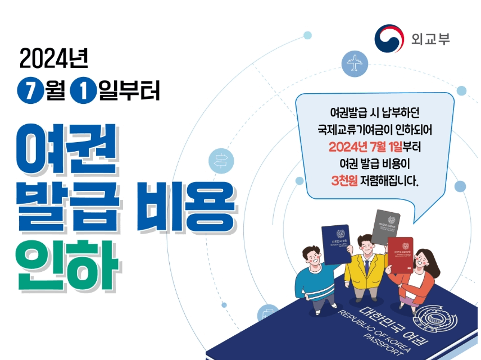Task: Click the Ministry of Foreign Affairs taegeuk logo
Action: [389, 39]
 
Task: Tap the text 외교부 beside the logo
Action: [431, 39]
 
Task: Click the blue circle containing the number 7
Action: [28, 90]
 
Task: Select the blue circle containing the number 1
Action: [84, 90]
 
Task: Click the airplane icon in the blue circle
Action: [355, 63]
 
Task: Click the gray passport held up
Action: [385, 225]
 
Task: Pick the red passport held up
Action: [400, 254]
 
